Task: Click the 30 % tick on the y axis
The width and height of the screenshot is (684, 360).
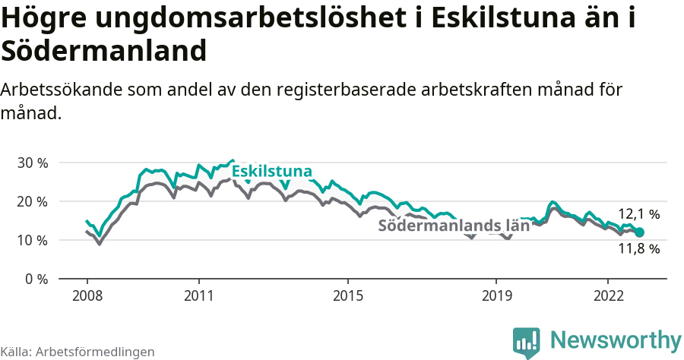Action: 32,163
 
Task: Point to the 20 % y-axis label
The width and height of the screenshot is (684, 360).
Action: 32,201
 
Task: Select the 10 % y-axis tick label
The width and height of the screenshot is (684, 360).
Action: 32,240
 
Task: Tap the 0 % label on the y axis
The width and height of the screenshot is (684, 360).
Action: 36,279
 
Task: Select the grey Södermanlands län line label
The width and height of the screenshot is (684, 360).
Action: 454,226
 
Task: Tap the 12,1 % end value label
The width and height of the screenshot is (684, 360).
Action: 638,214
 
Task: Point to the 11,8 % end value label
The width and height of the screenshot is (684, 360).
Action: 638,248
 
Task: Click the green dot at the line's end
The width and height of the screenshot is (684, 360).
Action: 639,232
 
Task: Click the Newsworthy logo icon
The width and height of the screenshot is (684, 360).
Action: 527,343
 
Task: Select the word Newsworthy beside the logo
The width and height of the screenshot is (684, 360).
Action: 616,339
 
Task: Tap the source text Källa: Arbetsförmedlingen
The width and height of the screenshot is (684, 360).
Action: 78,352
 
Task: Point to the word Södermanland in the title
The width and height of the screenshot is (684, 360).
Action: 104,51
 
